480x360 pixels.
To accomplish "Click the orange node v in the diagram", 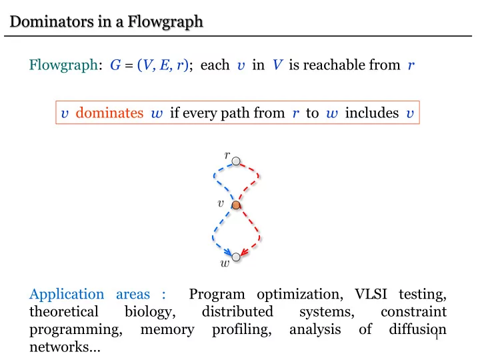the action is point(236,205).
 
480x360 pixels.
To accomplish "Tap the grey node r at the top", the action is point(236,161).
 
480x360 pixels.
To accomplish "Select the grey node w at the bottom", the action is point(236,257).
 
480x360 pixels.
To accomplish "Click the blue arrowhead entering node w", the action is point(227,252).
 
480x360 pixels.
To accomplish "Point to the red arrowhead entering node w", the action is point(244,251).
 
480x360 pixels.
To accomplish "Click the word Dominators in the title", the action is point(52,21).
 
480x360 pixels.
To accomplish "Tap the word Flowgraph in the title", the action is point(165,22).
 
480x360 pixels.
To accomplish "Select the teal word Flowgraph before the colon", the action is point(63,65).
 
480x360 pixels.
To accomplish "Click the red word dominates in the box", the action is point(109,113).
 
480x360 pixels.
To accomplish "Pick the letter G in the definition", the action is point(115,65).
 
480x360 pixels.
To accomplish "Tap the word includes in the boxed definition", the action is point(372,113).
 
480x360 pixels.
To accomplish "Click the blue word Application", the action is point(67,295).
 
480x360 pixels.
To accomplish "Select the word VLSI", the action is point(371,294).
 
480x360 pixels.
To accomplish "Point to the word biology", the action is point(150,312).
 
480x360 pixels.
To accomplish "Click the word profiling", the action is point(242,330).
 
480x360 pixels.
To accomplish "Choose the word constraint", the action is point(413,312).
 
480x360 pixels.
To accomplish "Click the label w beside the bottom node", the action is point(225,263).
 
